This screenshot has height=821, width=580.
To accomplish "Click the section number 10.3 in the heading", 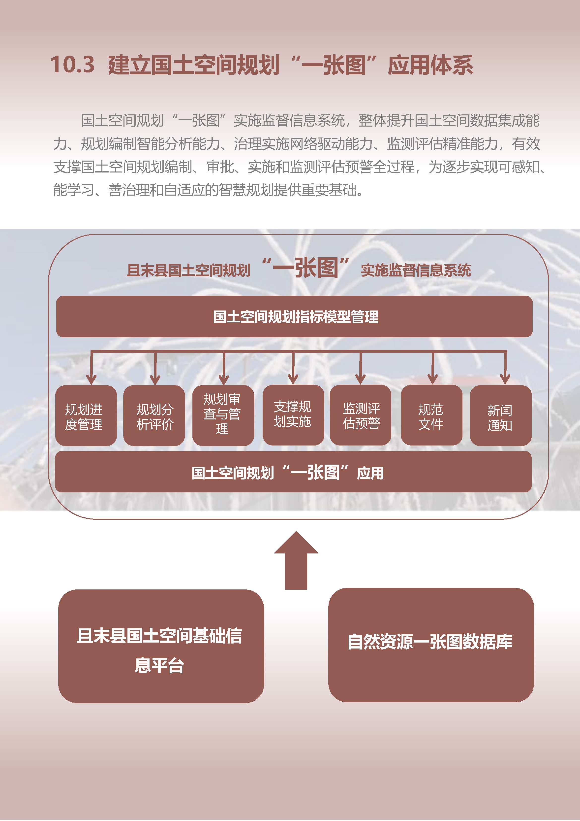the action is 73,65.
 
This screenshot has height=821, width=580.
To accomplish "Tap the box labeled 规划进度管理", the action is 86,415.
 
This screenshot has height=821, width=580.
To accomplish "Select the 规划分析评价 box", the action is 154,415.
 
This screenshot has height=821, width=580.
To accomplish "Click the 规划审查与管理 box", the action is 223,415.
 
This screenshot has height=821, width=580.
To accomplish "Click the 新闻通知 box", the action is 501,415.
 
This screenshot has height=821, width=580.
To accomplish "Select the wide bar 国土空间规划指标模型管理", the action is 295,316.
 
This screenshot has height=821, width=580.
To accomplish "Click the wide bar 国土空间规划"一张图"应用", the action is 293,472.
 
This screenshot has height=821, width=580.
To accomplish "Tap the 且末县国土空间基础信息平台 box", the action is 161,646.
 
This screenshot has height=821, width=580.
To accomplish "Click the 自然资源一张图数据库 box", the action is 431,645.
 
